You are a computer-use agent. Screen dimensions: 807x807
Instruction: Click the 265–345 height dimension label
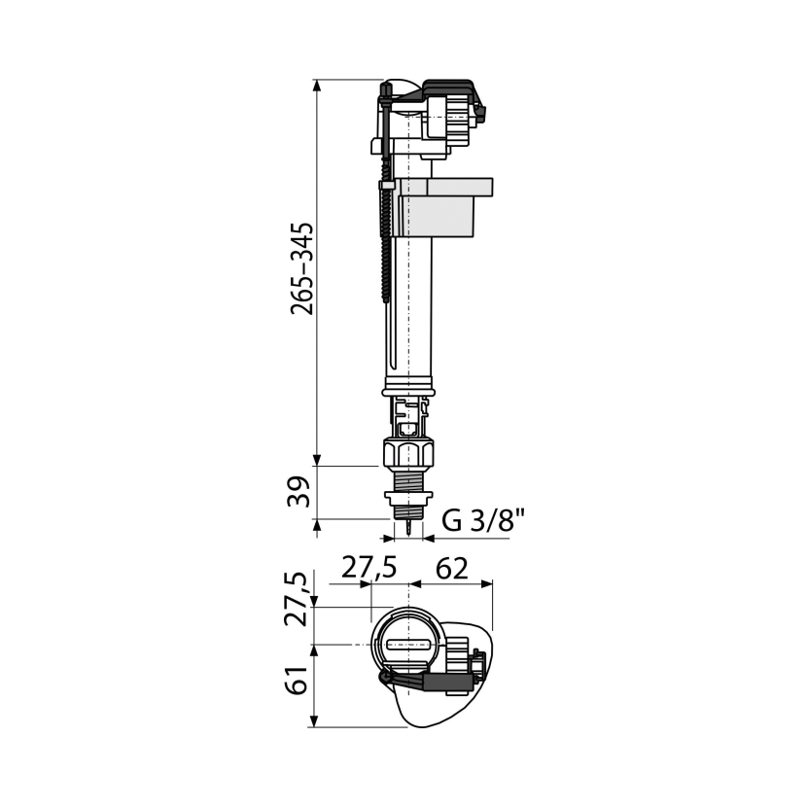click(301, 268)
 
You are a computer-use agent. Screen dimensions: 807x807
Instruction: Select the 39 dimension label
click(299, 492)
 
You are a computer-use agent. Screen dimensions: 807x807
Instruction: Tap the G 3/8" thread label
click(483, 521)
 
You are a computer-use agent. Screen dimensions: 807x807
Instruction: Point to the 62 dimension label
click(452, 569)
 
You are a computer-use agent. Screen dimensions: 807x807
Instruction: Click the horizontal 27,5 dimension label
click(369, 568)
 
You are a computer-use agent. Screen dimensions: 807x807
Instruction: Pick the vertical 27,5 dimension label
click(297, 599)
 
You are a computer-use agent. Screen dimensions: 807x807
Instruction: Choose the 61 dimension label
click(297, 681)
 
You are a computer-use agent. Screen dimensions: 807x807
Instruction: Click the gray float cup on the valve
click(441, 207)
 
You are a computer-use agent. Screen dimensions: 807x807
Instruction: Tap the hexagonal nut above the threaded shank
click(408, 452)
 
